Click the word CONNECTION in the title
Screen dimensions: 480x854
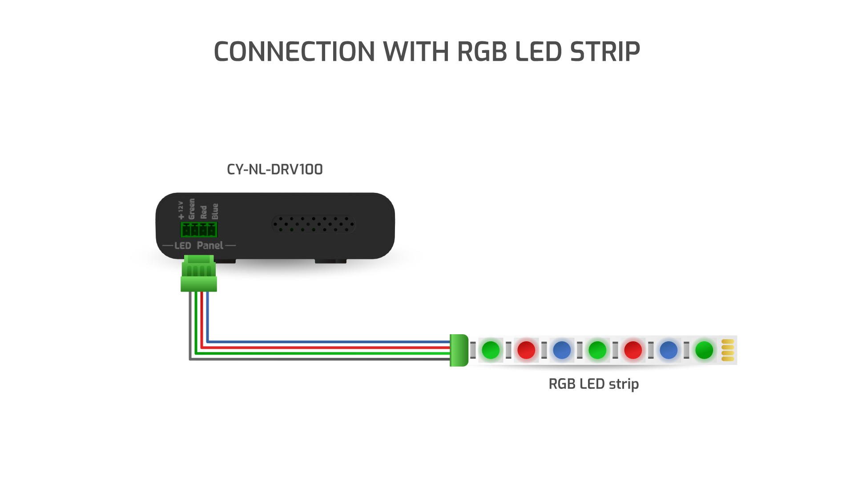(x=294, y=52)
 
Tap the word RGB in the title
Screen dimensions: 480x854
(x=482, y=52)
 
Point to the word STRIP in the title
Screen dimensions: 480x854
(x=605, y=52)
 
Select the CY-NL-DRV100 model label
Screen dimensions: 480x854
(x=274, y=169)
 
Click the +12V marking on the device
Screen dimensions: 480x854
(x=181, y=210)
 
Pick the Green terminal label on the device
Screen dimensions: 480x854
(x=192, y=209)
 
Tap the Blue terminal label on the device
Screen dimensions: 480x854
(x=215, y=211)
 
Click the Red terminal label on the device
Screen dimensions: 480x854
(x=204, y=212)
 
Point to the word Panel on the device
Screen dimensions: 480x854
(x=210, y=245)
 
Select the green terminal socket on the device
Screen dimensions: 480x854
(x=198, y=230)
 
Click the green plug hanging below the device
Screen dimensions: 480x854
(x=199, y=276)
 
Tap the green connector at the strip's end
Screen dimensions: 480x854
(x=459, y=350)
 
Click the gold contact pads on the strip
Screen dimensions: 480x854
(x=728, y=350)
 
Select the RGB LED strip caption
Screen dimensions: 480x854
(x=593, y=384)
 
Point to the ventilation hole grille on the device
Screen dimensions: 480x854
(x=314, y=224)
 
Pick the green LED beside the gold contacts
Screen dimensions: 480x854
(x=704, y=350)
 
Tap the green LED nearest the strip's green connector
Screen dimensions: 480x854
(x=491, y=350)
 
